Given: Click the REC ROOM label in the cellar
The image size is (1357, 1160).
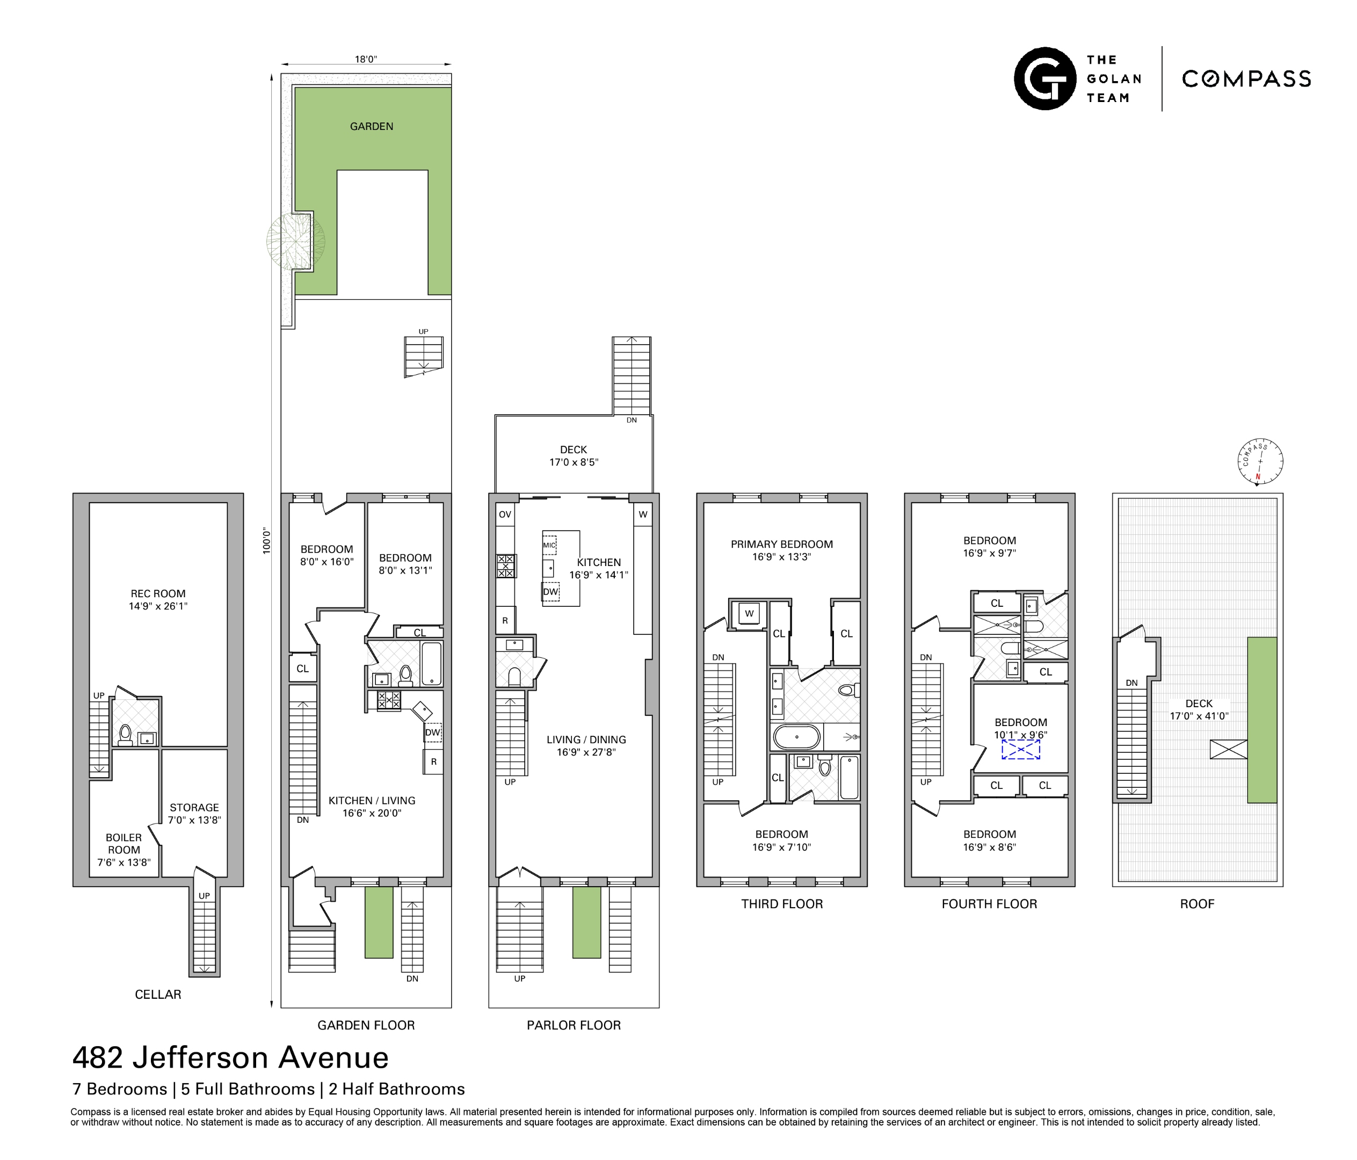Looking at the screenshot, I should pos(158,593).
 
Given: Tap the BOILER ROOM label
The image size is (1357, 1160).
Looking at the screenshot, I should pos(124,844).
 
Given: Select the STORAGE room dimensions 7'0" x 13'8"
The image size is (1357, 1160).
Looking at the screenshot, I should pos(194,820).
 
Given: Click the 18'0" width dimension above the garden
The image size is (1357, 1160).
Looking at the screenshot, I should pos(366,60).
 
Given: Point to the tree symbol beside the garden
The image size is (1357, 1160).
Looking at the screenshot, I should pos(295,241).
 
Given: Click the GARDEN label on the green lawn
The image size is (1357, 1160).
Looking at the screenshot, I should pos(372,126).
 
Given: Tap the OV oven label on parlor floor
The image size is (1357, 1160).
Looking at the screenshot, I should pos(505,514).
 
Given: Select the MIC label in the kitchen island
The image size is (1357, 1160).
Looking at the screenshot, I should pos(549,545).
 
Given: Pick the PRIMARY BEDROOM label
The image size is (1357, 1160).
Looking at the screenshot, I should pos(782,545).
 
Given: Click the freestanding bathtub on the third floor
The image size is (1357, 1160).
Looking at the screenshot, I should pos(796,737).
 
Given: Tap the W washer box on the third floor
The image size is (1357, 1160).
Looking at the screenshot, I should pos(749,614).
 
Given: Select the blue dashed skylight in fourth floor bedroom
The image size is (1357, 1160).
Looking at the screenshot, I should pos(1020,749).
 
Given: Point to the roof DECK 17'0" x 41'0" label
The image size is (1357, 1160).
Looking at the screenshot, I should pos(1199,709).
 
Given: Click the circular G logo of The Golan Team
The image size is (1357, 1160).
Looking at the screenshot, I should pos(1044,78).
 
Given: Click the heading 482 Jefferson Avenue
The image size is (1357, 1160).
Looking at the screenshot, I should pos(230,1057).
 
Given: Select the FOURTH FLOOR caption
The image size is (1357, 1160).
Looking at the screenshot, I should pos(989,904).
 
